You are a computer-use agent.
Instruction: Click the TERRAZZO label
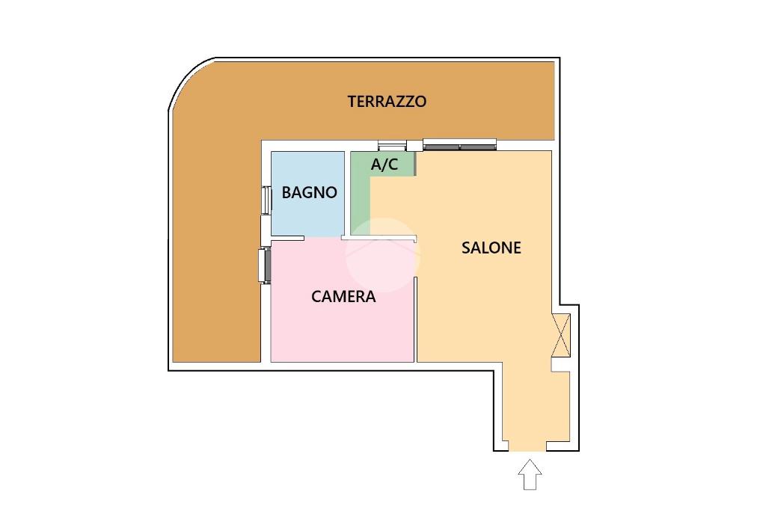point(387,102)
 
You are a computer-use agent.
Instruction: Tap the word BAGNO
point(309,192)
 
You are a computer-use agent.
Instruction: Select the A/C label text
point(384,165)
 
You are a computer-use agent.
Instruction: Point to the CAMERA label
point(343,297)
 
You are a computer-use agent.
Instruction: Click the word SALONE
point(491,248)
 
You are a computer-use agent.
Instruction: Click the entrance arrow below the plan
point(530,475)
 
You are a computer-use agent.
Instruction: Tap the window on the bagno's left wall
point(266,200)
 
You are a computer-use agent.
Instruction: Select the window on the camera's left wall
point(263,265)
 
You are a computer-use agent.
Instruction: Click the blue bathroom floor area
point(307,217)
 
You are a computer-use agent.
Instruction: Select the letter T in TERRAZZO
point(352,102)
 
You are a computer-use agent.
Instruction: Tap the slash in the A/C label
point(384,165)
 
